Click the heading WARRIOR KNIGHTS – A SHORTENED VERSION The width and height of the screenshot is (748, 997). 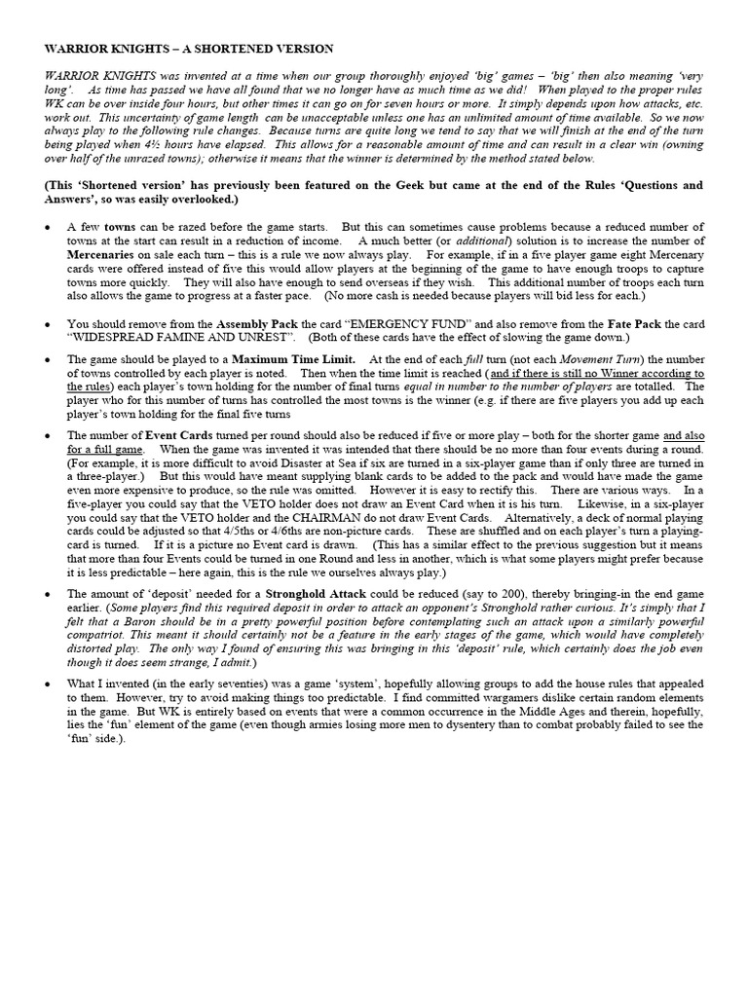189,48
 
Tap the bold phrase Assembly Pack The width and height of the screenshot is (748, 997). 256,322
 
